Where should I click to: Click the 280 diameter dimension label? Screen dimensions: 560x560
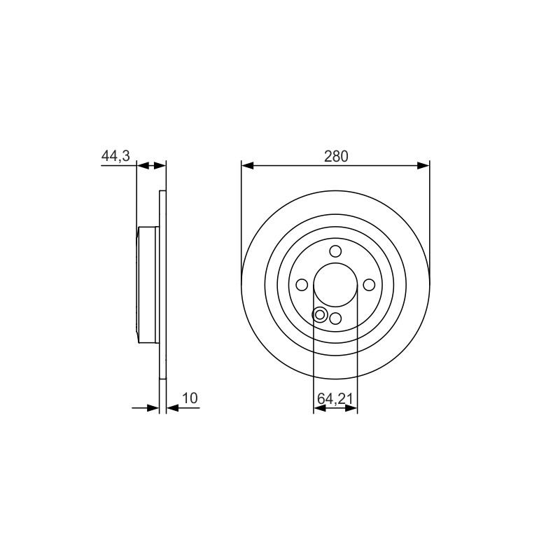[336, 156]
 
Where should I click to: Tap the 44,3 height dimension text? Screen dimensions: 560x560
[115, 156]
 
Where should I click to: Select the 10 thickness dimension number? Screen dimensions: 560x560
[190, 398]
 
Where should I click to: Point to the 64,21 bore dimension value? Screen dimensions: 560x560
[335, 398]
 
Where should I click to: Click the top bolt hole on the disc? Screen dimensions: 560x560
[335, 251]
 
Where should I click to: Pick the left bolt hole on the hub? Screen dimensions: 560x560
[302, 285]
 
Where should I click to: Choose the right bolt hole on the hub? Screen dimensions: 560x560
[369, 285]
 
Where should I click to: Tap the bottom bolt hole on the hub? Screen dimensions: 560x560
[335, 318]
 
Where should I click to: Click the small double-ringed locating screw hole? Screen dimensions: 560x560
[320, 314]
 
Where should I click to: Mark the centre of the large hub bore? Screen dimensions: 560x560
[335, 285]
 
